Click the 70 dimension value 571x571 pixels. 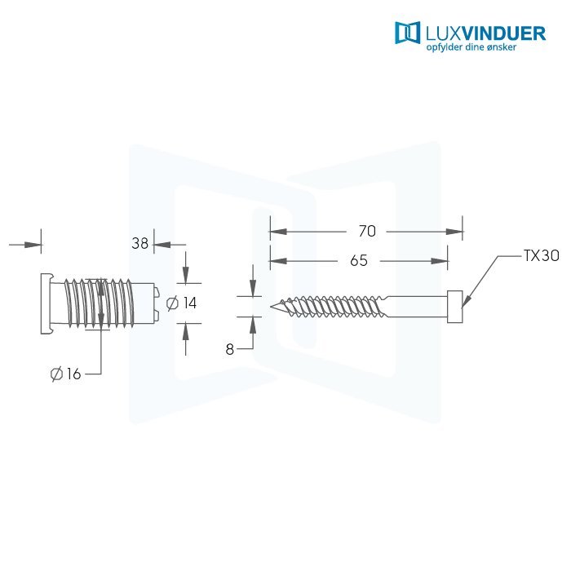pyautogui.click(x=367, y=232)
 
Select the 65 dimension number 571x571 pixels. pyautogui.click(x=358, y=261)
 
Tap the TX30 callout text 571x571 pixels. pyautogui.click(x=541, y=255)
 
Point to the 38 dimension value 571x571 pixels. pyautogui.click(x=140, y=243)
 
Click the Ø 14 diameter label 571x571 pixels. pyautogui.click(x=182, y=303)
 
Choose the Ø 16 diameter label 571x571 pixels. pyautogui.click(x=65, y=374)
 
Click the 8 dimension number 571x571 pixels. pyautogui.click(x=230, y=349)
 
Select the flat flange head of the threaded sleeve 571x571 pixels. pyautogui.click(x=44, y=303)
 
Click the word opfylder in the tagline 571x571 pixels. pyautogui.click(x=445, y=47)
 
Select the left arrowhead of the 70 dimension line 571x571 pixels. pyautogui.click(x=275, y=232)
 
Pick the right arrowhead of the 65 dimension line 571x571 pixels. pyautogui.click(x=443, y=261)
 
